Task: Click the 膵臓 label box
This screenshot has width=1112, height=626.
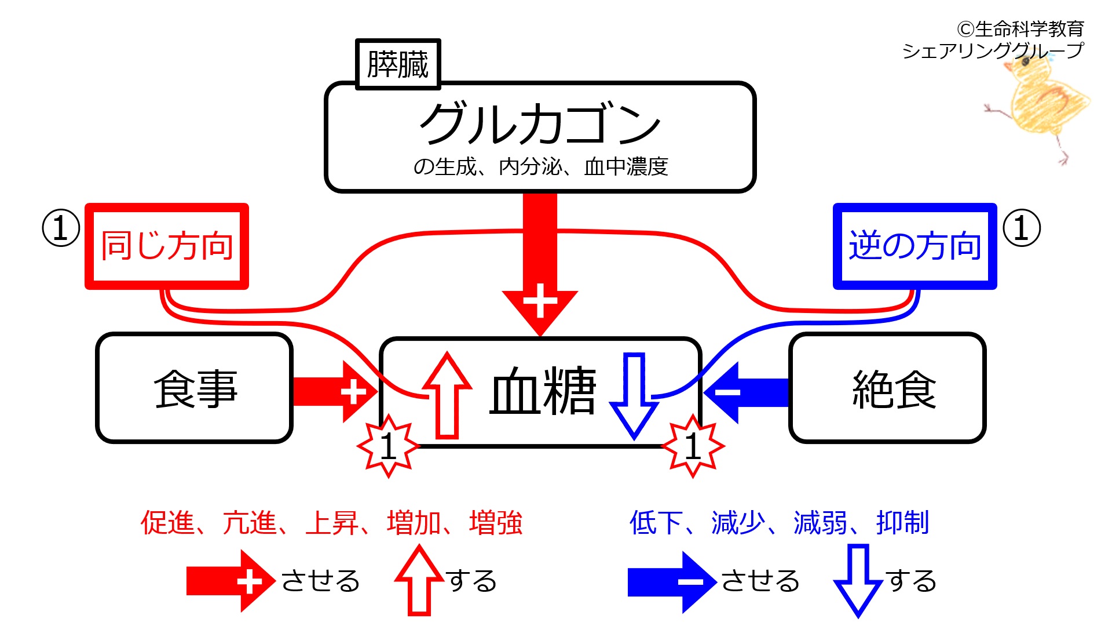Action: click(x=398, y=64)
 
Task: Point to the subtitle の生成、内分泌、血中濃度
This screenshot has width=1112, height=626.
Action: click(x=540, y=167)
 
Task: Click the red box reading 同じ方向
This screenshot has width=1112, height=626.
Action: click(x=167, y=246)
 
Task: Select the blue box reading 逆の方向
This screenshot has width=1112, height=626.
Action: click(x=915, y=246)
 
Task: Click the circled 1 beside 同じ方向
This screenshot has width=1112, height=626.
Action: click(x=61, y=228)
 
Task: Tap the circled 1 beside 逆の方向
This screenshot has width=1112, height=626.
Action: click(x=1021, y=228)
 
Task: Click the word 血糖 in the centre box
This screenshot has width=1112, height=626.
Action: click(x=543, y=391)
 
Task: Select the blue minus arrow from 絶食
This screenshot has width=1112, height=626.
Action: click(x=747, y=392)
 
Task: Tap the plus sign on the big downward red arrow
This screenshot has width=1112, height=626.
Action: click(x=540, y=301)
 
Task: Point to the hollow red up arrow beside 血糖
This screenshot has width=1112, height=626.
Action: click(x=447, y=394)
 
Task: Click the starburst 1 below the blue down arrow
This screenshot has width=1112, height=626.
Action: click(x=693, y=446)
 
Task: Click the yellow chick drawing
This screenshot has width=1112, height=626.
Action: click(x=1040, y=104)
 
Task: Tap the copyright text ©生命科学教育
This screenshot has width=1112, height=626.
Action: click(x=1020, y=28)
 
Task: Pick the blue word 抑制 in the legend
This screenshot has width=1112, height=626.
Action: click(x=903, y=523)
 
